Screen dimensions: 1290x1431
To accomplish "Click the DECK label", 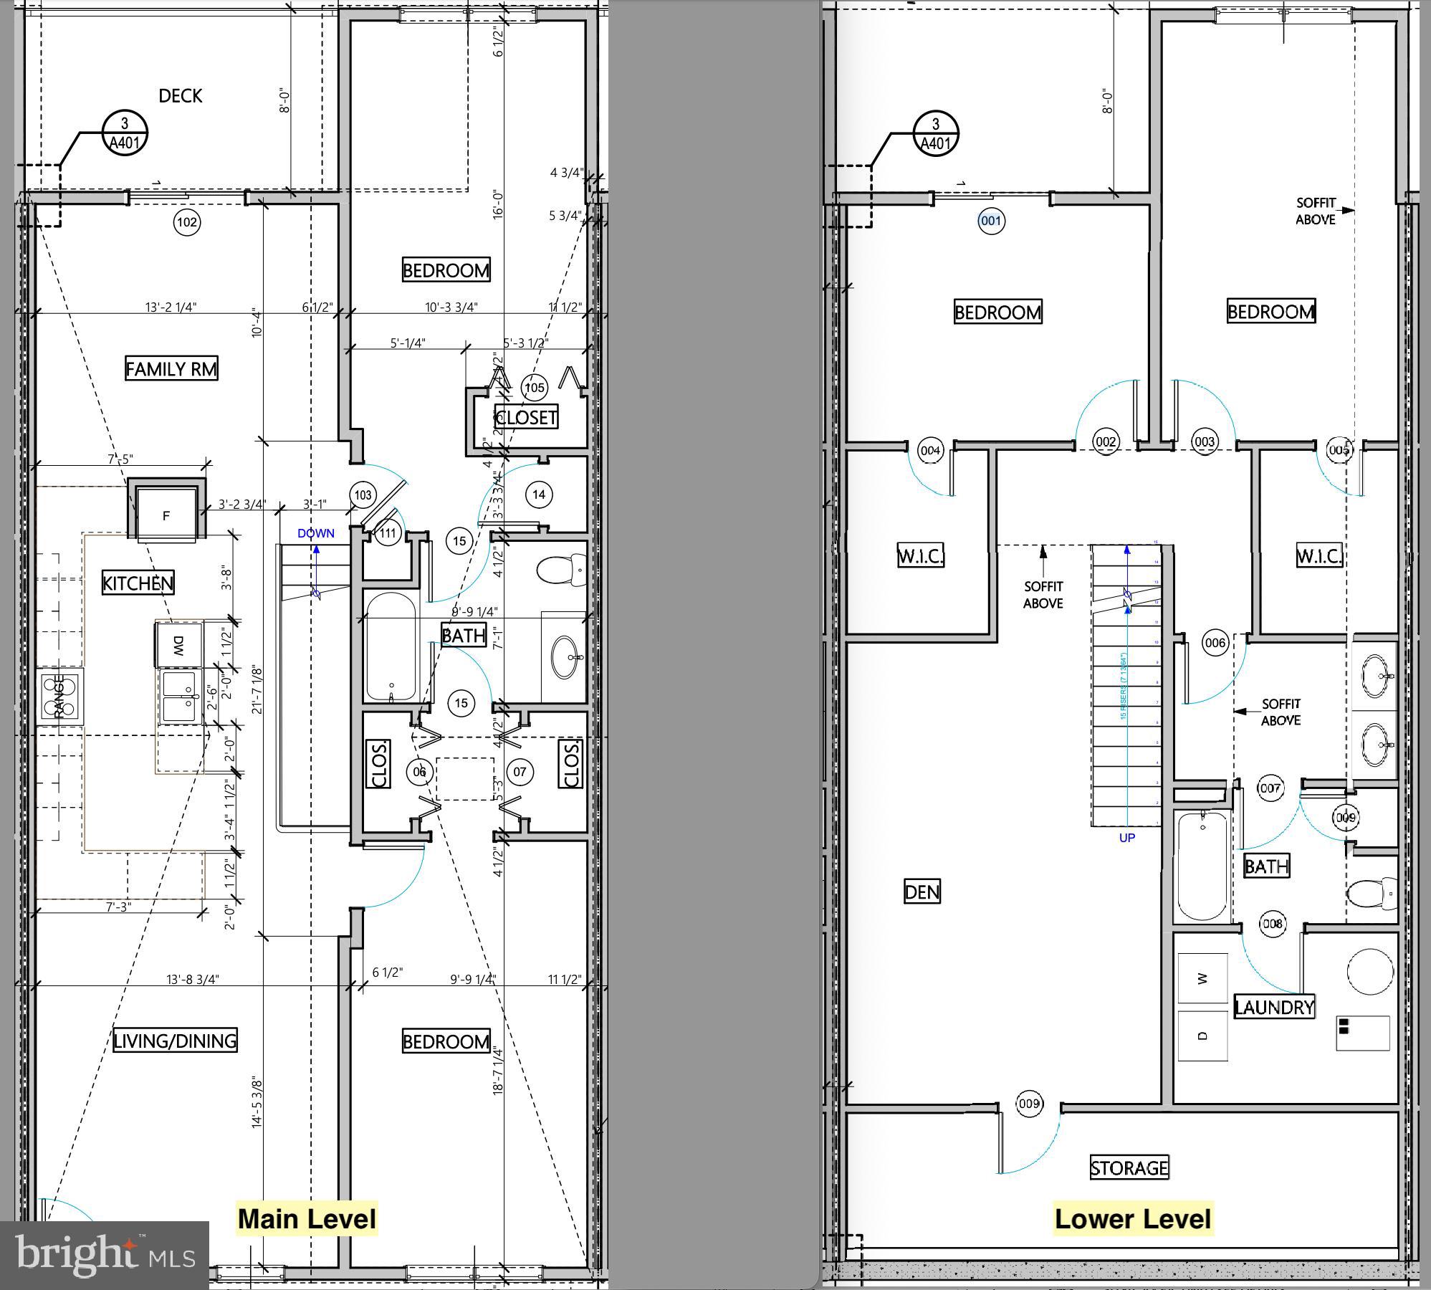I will [x=180, y=96].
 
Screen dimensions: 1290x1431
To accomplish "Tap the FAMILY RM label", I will [x=171, y=369].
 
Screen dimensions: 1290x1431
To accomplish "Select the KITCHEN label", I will [x=138, y=583].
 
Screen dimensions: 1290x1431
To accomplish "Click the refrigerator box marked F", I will [x=166, y=515].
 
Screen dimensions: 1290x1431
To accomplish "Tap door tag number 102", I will [x=187, y=222].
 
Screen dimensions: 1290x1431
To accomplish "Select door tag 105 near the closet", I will [x=535, y=388].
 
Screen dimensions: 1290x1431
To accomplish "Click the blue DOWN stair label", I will [x=315, y=533].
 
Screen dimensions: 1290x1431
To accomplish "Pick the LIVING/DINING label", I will [x=175, y=1041].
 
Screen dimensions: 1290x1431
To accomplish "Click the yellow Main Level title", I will [x=307, y=1218].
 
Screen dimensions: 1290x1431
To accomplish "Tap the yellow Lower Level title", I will [x=1133, y=1218].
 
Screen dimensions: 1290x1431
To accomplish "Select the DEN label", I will [x=922, y=892].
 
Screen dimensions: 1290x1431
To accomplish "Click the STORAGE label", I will [x=1129, y=1168].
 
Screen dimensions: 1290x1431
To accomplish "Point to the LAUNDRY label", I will [x=1274, y=1007].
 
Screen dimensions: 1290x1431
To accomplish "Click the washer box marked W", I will [x=1202, y=978].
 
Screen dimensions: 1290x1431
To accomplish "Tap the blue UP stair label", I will [x=1126, y=837].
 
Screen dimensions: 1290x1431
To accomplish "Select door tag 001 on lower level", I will [x=991, y=221].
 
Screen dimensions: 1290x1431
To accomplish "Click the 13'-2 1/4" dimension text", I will [x=171, y=307].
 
